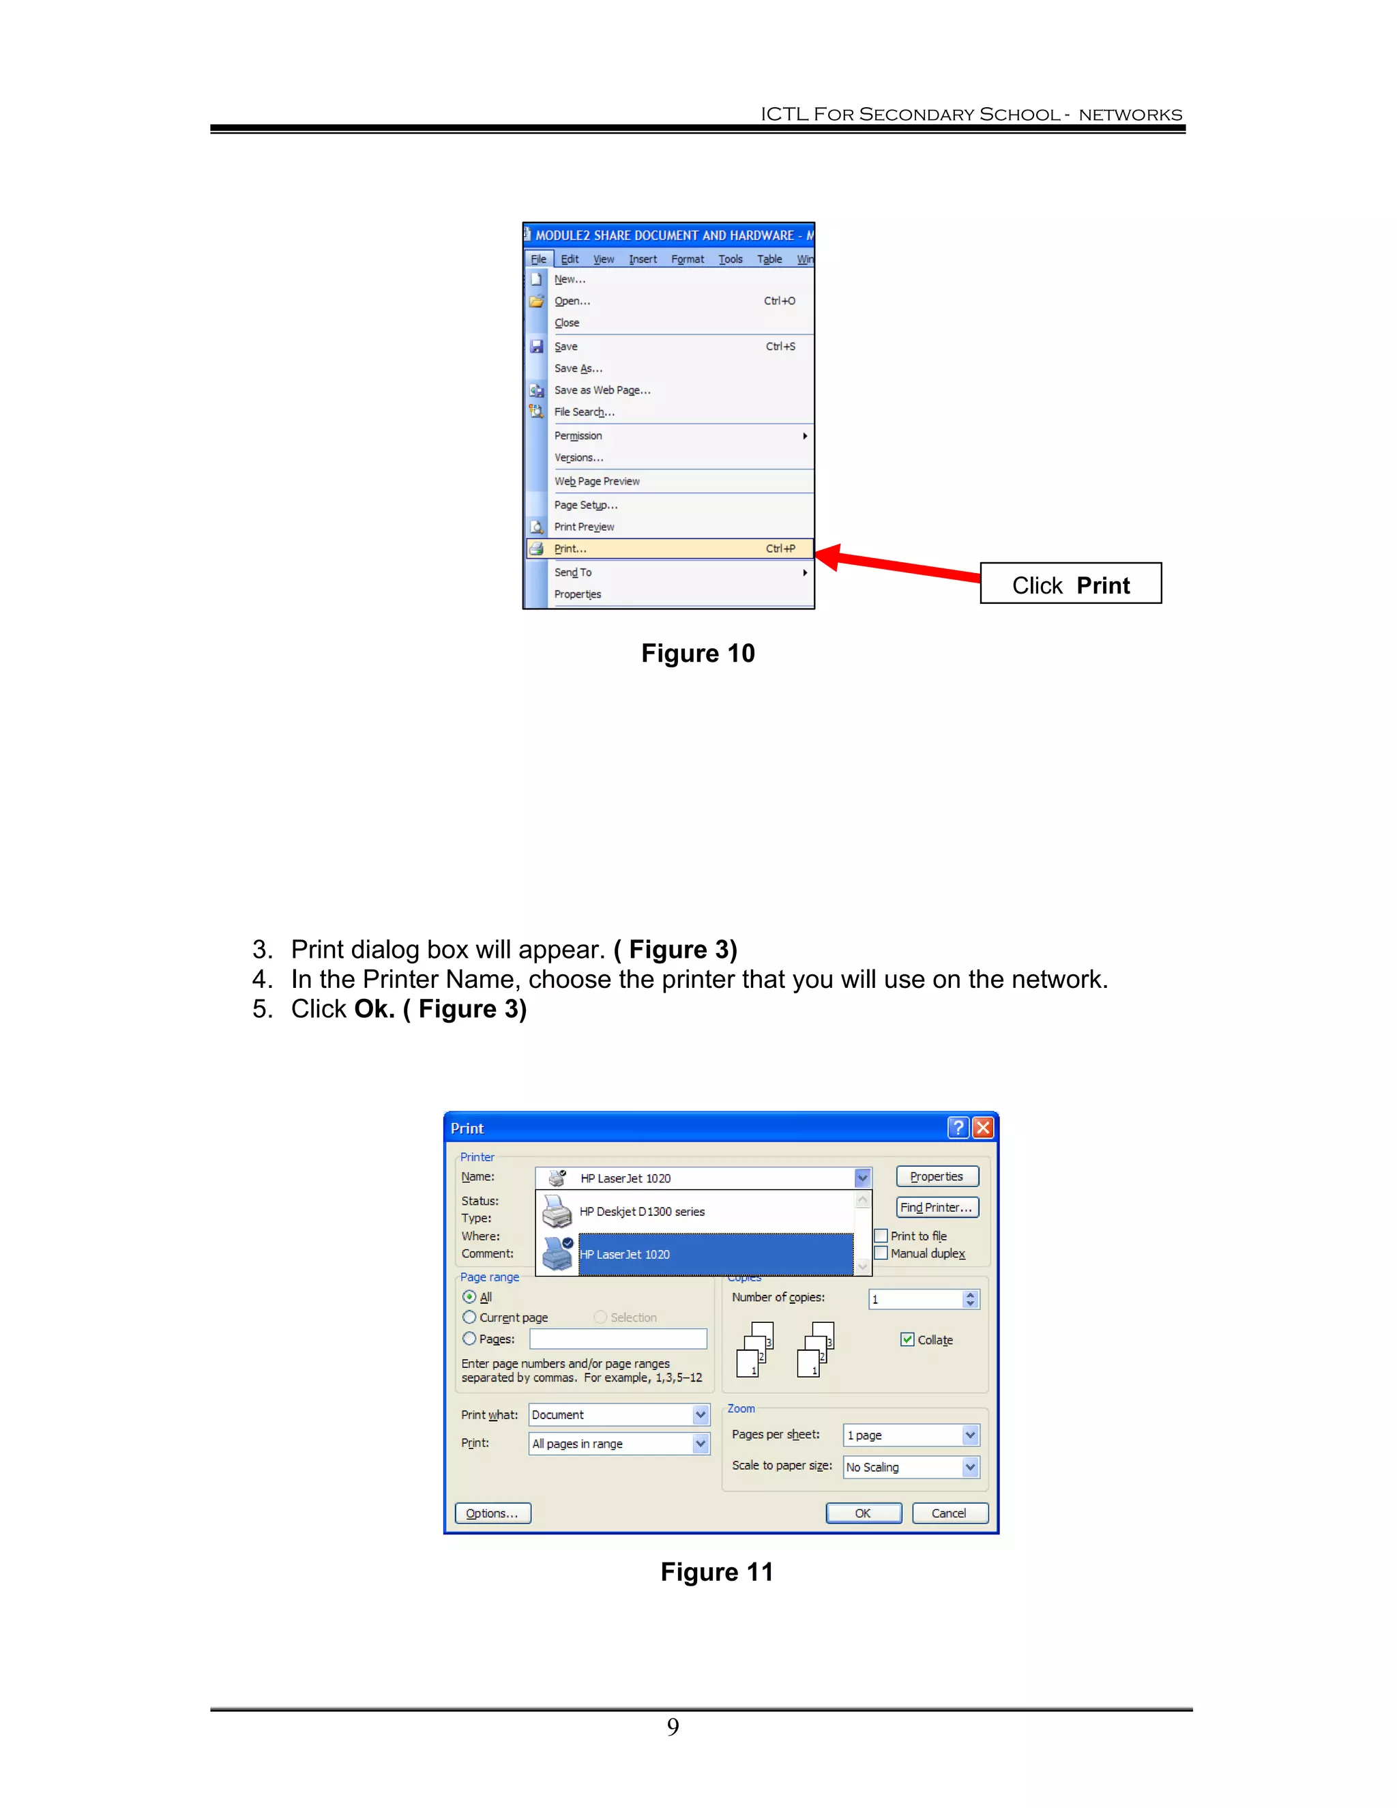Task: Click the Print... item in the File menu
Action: [x=571, y=549]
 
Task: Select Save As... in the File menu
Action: [x=578, y=368]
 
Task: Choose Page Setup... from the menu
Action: [x=585, y=505]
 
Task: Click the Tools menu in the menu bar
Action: [x=730, y=259]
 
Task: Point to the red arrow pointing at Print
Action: [x=902, y=566]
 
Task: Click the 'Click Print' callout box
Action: [x=1070, y=585]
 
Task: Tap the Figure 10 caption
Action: [x=698, y=653]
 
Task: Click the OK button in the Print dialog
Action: [x=862, y=1513]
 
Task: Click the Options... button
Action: [x=492, y=1513]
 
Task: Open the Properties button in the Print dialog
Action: [x=937, y=1176]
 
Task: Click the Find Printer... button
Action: [x=937, y=1208]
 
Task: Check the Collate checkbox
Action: [x=907, y=1339]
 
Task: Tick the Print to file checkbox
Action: [x=881, y=1236]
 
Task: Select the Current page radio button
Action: [x=469, y=1317]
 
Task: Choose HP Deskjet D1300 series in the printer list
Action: [x=642, y=1212]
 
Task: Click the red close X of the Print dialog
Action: [x=982, y=1128]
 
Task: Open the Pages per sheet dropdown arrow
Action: [x=970, y=1435]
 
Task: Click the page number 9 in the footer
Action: [x=673, y=1726]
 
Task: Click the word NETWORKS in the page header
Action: [x=1130, y=115]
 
